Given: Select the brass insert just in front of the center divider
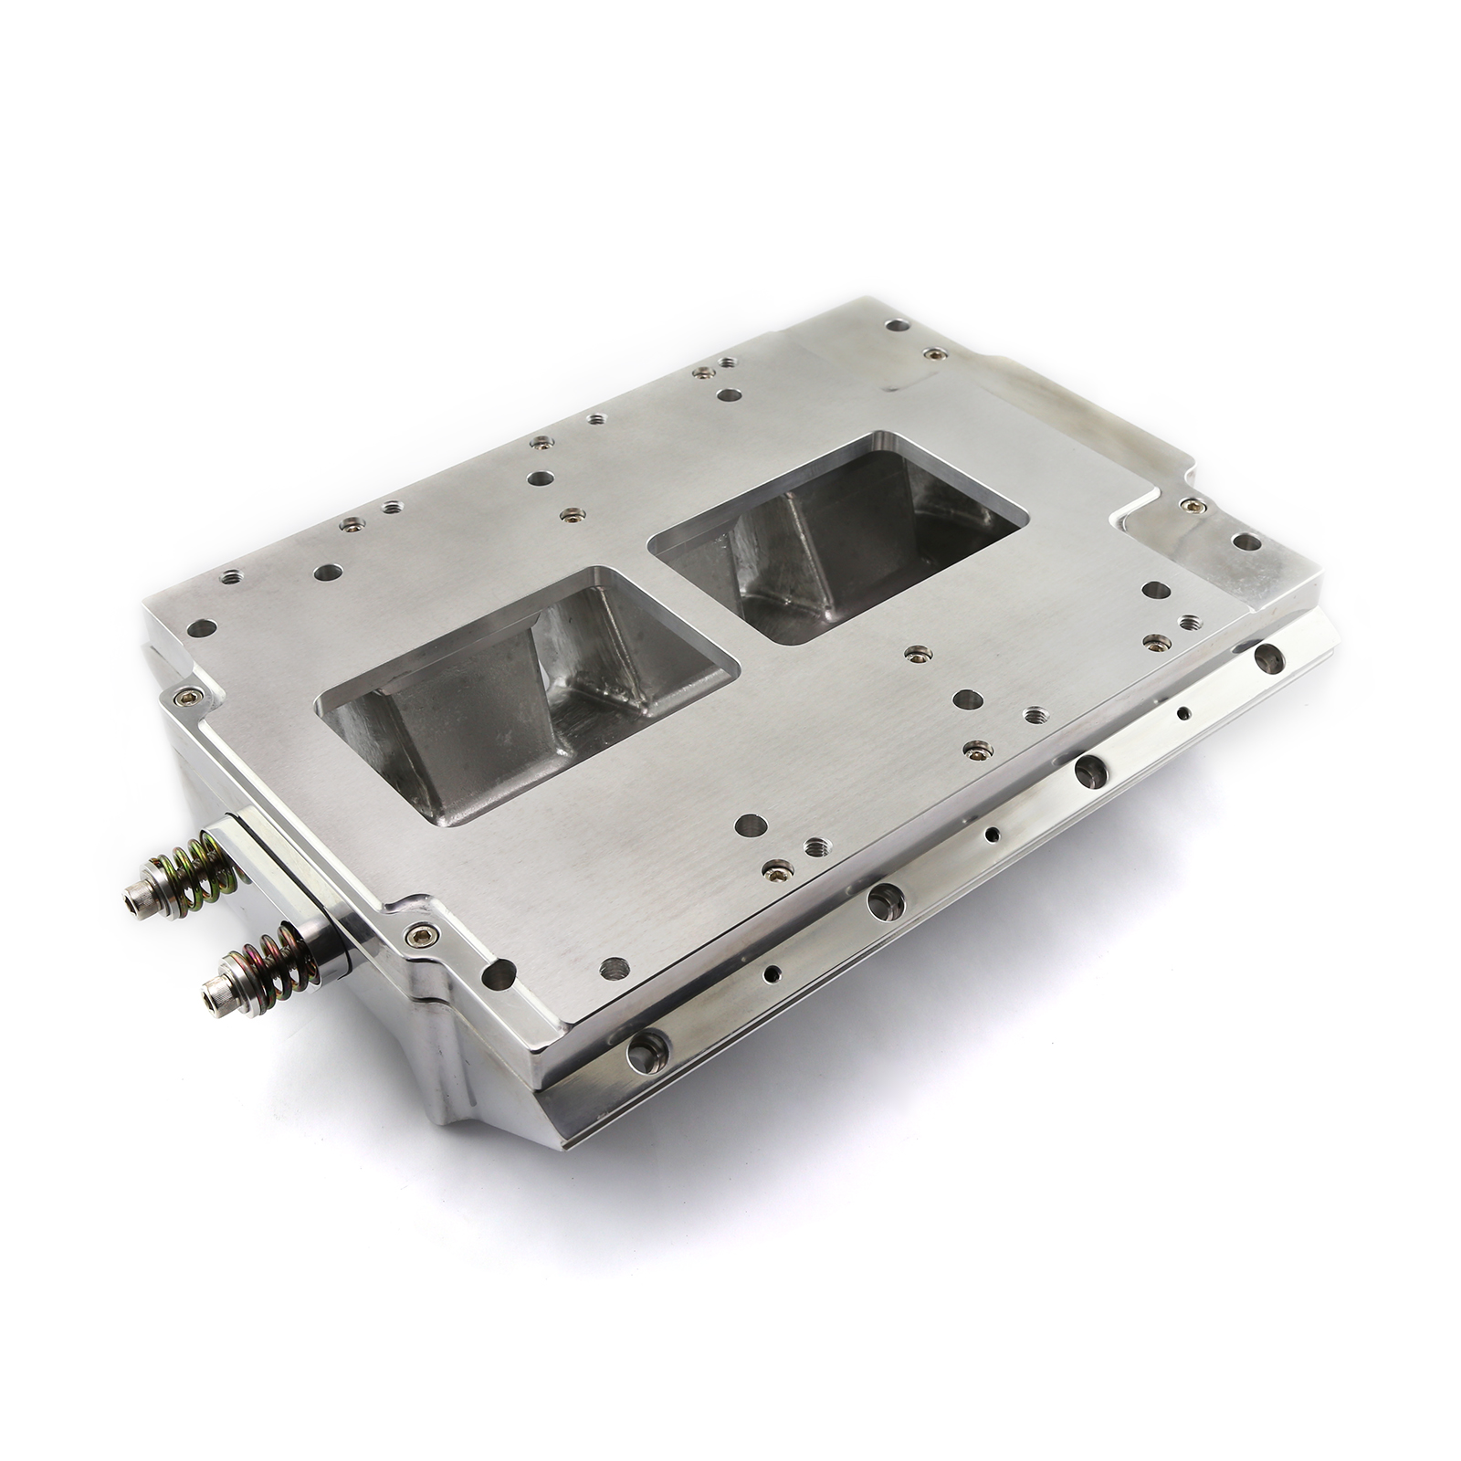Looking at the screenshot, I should click(x=916, y=654).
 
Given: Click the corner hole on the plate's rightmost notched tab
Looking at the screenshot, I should click(x=1243, y=541).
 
